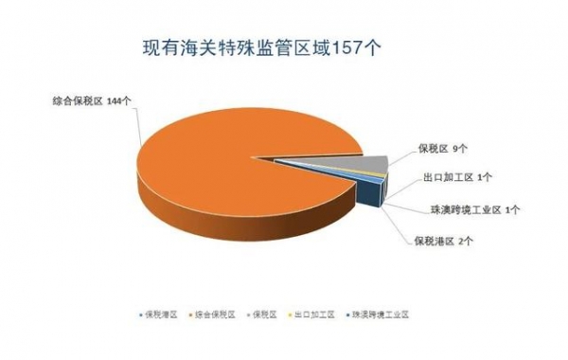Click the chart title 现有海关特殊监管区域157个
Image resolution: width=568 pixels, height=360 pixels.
pyautogui.click(x=260, y=47)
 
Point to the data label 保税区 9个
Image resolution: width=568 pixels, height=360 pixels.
pyautogui.click(x=443, y=149)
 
